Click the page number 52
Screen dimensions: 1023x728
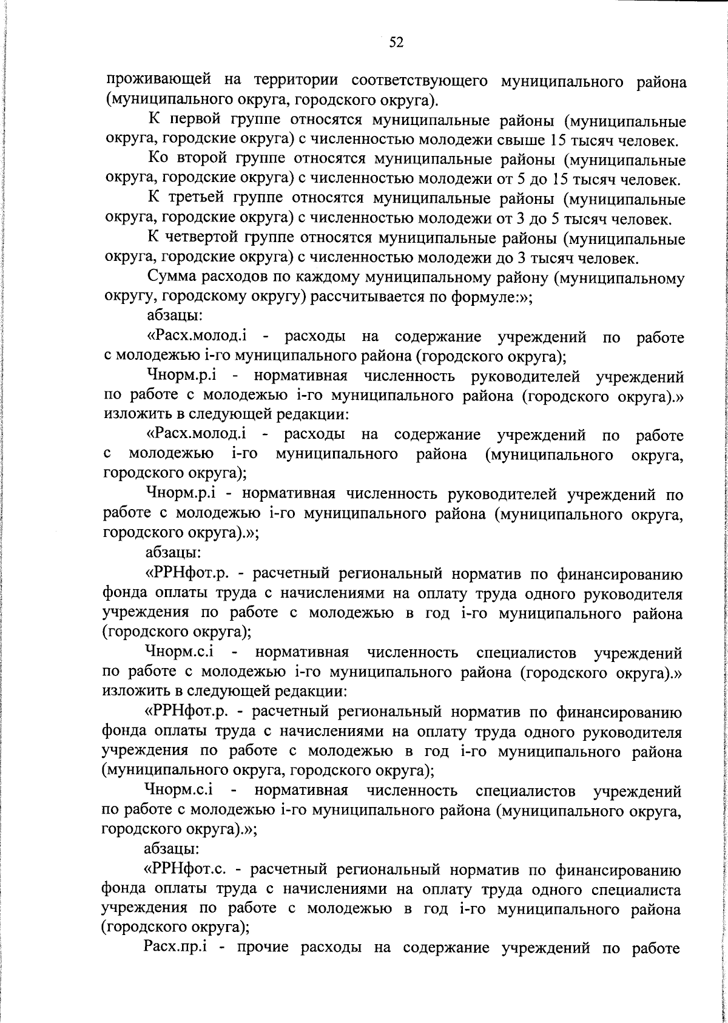tap(396, 41)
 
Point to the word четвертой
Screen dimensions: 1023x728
tap(212, 238)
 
